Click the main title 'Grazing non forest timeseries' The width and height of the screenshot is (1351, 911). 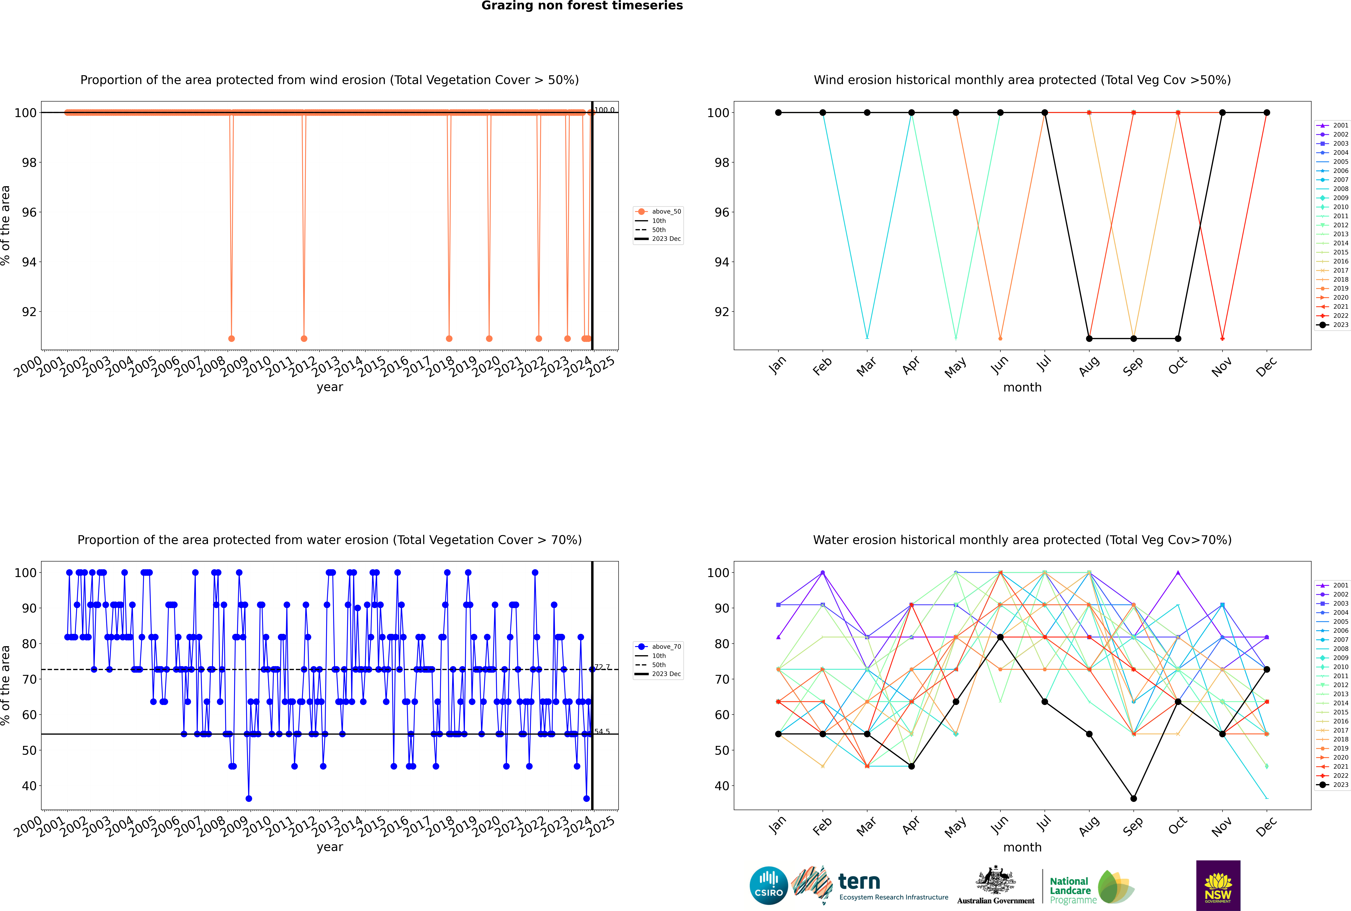[582, 6]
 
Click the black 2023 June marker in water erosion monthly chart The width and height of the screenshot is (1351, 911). [1000, 637]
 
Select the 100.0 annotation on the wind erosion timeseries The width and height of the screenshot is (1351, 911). [604, 110]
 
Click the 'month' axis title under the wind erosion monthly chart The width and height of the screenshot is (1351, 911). [1022, 388]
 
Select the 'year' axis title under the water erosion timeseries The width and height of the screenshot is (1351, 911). [330, 847]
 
